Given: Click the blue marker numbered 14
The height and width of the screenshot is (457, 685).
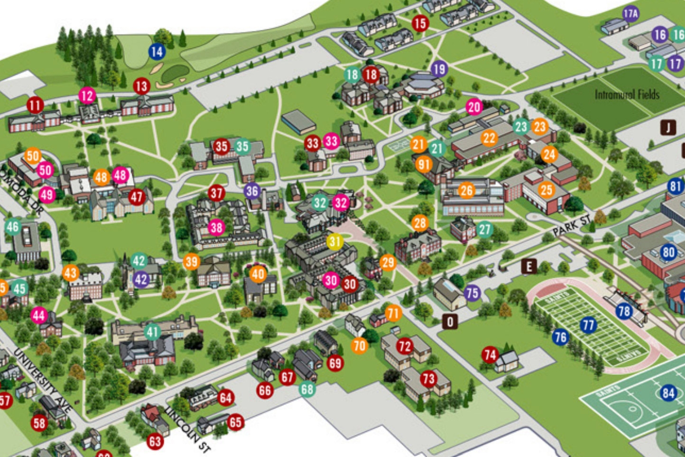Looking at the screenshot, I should pyautogui.click(x=157, y=52).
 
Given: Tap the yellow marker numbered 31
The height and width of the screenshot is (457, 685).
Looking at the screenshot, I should pyautogui.click(x=335, y=242).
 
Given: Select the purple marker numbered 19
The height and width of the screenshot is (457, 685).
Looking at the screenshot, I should pyautogui.click(x=439, y=69).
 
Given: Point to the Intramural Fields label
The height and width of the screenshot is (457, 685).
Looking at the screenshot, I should pyautogui.click(x=627, y=94).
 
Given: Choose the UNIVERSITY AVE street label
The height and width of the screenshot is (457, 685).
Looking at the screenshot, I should pyautogui.click(x=43, y=380).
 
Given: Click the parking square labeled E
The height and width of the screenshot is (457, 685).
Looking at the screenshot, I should pyautogui.click(x=529, y=267).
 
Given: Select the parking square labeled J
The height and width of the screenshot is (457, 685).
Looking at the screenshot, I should pyautogui.click(x=668, y=127).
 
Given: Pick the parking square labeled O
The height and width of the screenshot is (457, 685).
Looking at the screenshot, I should pyautogui.click(x=450, y=322).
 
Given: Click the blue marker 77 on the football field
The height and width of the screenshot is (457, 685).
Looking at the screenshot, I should pyautogui.click(x=588, y=325).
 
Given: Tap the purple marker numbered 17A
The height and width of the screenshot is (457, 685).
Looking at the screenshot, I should pyautogui.click(x=630, y=14).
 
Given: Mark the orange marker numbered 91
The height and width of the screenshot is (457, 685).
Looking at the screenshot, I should pyautogui.click(x=424, y=165).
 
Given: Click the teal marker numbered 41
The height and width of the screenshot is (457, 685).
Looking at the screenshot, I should pyautogui.click(x=152, y=332).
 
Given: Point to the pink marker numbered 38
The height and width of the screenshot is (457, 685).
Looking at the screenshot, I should pyautogui.click(x=216, y=228).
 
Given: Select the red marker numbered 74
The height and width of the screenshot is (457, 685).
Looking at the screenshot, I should pyautogui.click(x=490, y=354).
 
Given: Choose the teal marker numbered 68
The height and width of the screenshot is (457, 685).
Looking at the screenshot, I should pyautogui.click(x=307, y=389).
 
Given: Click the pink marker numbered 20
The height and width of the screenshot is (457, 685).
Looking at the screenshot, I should pyautogui.click(x=474, y=107).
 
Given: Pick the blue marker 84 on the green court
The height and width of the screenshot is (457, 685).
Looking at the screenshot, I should pyautogui.click(x=668, y=392).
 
